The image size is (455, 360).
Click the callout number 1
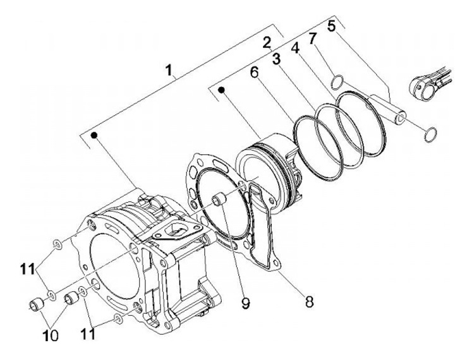169,70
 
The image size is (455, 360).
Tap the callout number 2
267,43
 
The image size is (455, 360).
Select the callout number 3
277,59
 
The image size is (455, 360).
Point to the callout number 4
295,48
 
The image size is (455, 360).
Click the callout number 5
331,26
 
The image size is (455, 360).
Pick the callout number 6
254,72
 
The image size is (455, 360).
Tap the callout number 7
312,39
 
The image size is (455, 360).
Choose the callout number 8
309,301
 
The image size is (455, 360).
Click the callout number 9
245,303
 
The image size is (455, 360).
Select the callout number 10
50,336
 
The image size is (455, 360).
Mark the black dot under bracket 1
94,135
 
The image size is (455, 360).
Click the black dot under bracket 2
222,90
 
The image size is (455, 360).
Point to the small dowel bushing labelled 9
219,200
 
